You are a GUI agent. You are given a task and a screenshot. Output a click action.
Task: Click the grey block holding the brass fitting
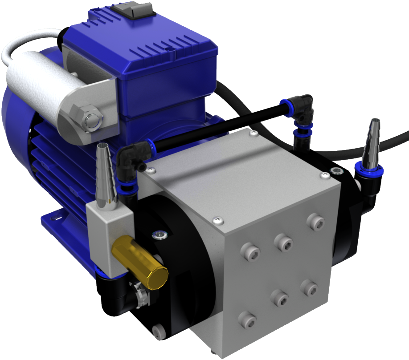click(109, 236)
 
